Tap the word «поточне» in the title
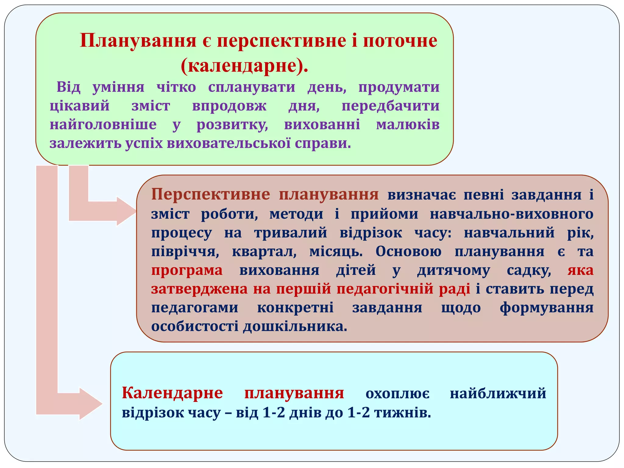tap(400, 41)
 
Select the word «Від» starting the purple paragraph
tap(69, 87)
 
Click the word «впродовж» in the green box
tap(229, 106)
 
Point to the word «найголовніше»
tap(103, 125)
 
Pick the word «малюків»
tap(408, 125)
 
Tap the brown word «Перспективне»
tap(211, 194)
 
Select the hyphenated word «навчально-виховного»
tap(511, 214)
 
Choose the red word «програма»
tap(187, 271)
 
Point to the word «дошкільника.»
tap(295, 327)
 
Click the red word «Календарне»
tap(172, 393)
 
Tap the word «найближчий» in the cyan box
tap(498, 393)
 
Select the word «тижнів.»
tap(402, 413)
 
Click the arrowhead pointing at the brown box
tap(126, 211)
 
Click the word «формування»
tap(546, 308)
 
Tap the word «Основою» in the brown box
tap(408, 252)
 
